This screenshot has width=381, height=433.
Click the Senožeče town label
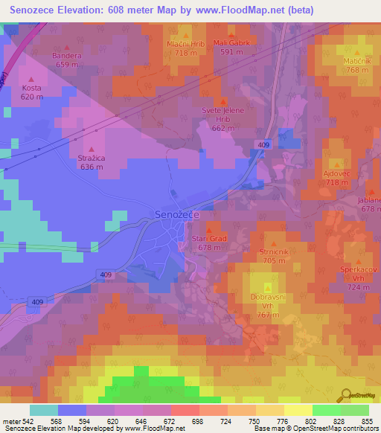click(178, 214)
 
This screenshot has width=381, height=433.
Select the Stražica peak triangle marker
click(92, 149)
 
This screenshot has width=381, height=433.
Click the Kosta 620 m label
click(31, 92)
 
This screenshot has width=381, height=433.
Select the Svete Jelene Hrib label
click(222, 118)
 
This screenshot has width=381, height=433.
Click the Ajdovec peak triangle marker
click(337, 164)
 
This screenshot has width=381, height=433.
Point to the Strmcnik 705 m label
click(274, 257)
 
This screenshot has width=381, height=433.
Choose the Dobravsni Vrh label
click(269, 306)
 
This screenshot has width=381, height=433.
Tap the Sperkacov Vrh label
click(357, 278)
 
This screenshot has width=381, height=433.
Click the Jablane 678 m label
click(370, 205)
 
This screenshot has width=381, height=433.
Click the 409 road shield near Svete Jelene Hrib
click(264, 144)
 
